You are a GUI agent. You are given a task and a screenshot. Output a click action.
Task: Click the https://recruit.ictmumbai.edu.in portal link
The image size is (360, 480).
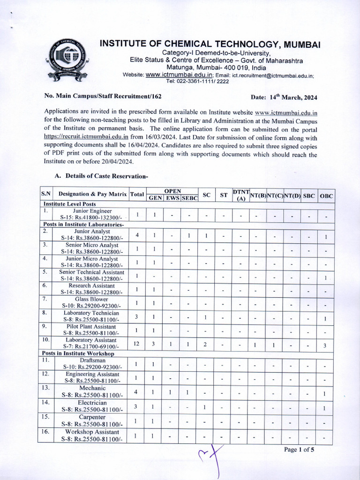86,138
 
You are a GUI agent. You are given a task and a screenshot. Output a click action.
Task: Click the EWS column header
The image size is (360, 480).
172,198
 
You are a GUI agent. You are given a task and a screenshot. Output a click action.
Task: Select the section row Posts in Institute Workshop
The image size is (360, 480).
78,352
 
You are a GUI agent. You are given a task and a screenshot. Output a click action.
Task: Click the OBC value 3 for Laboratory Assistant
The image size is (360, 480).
324,345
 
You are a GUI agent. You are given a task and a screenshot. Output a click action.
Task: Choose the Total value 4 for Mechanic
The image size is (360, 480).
136,392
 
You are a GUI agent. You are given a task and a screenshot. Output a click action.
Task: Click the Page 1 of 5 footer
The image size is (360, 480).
299,450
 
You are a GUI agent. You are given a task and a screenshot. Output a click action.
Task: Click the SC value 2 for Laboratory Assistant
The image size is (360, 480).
206,345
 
